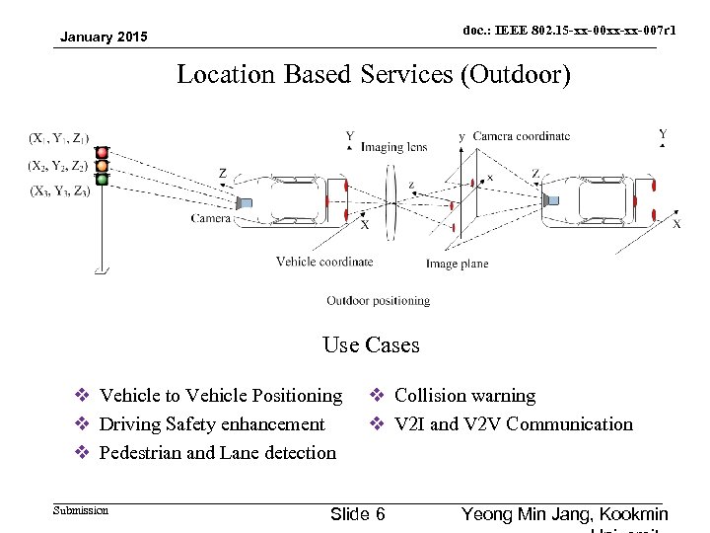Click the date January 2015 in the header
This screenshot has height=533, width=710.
click(x=104, y=38)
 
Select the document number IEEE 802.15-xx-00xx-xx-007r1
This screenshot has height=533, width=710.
click(x=570, y=32)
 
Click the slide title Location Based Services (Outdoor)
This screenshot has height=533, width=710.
click(x=373, y=74)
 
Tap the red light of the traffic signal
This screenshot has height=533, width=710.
click(x=102, y=153)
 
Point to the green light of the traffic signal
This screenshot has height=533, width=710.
click(x=102, y=179)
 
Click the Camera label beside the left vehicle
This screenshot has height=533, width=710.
click(x=211, y=218)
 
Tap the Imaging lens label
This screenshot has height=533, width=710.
click(x=393, y=147)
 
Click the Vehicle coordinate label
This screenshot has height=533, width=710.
click(x=324, y=262)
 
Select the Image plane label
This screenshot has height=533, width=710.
click(x=457, y=264)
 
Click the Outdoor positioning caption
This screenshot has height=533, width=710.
click(x=379, y=300)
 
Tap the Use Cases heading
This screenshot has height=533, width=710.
click(x=371, y=345)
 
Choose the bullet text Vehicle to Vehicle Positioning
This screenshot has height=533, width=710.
click(x=221, y=396)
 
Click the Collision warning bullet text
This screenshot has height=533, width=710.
click(x=464, y=396)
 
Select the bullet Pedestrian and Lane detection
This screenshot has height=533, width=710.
click(x=218, y=453)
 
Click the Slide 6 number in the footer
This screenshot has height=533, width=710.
click(x=358, y=514)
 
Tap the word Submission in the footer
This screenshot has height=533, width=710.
click(x=82, y=510)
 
